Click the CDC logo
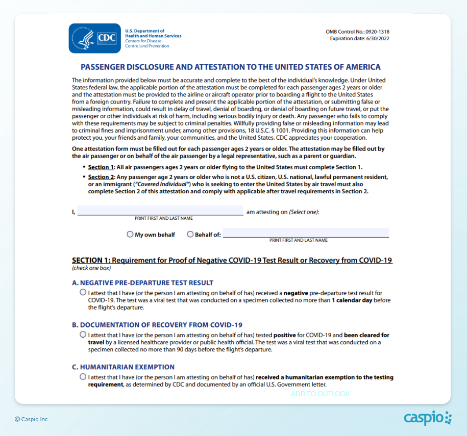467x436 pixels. (x=95, y=38)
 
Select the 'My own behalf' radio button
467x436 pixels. (x=130, y=235)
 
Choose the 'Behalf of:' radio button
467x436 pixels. (x=190, y=235)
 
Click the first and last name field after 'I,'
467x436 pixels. (x=160, y=211)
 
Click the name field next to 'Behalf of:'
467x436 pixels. (x=306, y=233)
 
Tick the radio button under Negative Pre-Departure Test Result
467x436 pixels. (x=83, y=293)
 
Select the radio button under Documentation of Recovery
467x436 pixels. (x=83, y=335)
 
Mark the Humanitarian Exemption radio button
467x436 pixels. (x=83, y=376)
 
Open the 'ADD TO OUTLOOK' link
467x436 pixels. (x=321, y=394)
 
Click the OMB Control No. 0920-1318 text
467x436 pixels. (x=361, y=32)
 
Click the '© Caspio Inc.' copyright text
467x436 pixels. (x=32, y=419)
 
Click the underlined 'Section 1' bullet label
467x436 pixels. (x=101, y=167)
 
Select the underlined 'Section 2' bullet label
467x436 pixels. (x=101, y=177)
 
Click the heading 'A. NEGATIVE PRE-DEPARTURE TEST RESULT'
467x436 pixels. (x=142, y=283)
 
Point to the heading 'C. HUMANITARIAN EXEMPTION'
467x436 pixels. (x=123, y=367)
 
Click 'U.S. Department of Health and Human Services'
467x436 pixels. (x=153, y=34)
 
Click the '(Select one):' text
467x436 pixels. (x=304, y=212)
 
